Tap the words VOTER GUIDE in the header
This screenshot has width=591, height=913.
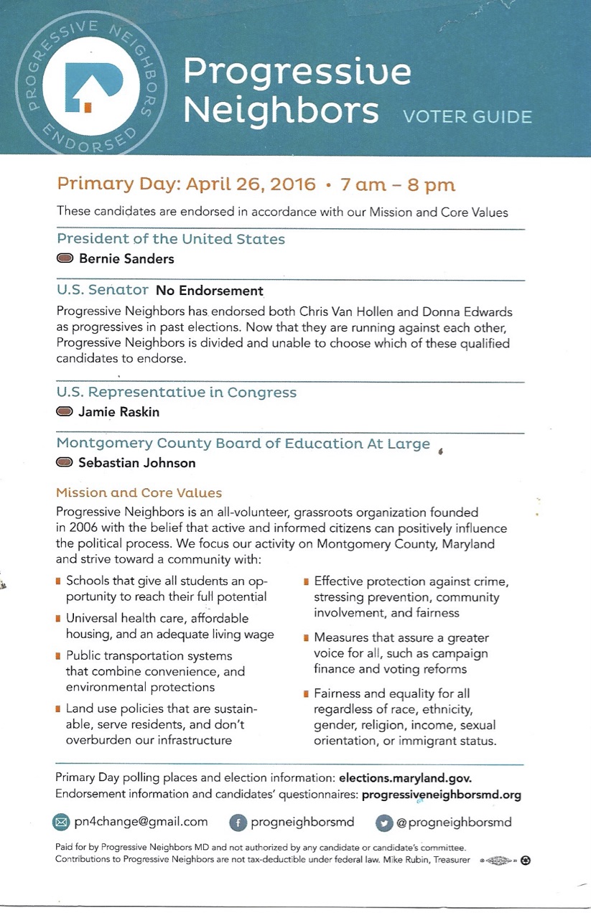pos(467,117)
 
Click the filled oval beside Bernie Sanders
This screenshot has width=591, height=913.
pos(65,258)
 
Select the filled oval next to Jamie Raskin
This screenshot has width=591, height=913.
pos(65,412)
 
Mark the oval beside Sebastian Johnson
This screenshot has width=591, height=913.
pos(65,463)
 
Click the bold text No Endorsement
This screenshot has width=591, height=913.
pos(210,291)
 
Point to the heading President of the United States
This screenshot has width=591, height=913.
pos(171,239)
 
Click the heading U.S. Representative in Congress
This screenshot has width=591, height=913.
pos(177,393)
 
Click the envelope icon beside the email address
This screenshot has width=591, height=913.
pos(61,822)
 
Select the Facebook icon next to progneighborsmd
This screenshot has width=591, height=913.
pos(238,823)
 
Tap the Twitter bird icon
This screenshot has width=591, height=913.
pos(384,823)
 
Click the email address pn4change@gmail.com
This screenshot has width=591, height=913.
pos(141,822)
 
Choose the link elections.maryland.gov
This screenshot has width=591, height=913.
pos(405,778)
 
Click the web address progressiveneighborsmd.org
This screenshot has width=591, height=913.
pos(442,795)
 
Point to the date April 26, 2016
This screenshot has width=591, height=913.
pos(251,184)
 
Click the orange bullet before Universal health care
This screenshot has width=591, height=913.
pos(58,618)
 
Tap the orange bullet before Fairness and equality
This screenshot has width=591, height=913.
pos(306,694)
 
